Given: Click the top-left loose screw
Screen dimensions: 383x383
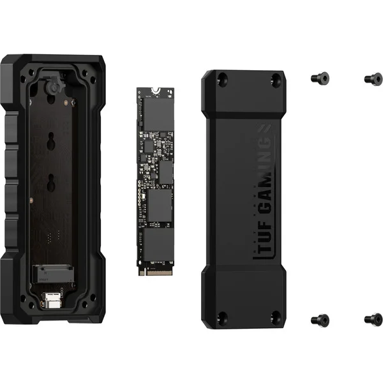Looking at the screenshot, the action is click(x=320, y=78).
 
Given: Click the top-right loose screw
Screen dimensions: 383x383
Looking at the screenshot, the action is click(x=373, y=79).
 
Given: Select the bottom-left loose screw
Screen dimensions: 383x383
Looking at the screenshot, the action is click(x=320, y=320).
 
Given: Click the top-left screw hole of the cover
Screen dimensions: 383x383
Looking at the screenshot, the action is click(x=223, y=79).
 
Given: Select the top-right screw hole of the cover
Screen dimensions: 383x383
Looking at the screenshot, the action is click(x=276, y=79).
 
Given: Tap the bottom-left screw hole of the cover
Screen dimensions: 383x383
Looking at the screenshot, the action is click(x=223, y=318).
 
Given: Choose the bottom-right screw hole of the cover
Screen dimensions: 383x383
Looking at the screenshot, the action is click(x=276, y=317).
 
